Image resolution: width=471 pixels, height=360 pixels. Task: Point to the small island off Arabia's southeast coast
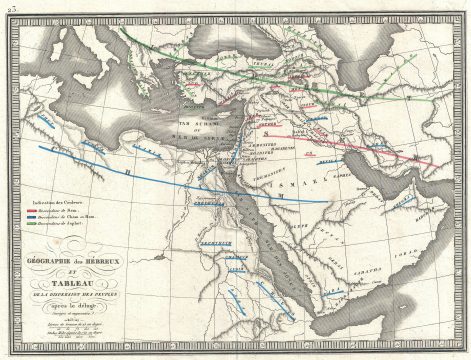[450, 283]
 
